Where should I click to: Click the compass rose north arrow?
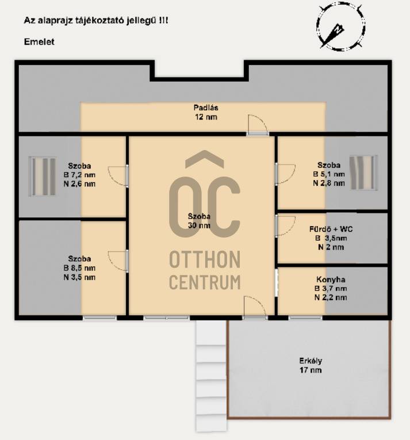333,35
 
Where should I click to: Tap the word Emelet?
39,42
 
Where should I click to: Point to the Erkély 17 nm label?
311,365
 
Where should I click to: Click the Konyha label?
331,280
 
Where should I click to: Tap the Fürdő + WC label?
331,229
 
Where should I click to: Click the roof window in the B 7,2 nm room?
43,176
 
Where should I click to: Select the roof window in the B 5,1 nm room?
363,173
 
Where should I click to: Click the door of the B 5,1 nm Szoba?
285,174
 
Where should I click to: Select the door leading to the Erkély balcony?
255,308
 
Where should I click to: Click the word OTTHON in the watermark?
205,259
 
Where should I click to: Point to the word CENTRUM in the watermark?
205,282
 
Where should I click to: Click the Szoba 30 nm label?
199,221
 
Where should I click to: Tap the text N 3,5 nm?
79,277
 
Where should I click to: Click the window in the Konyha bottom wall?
305,318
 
